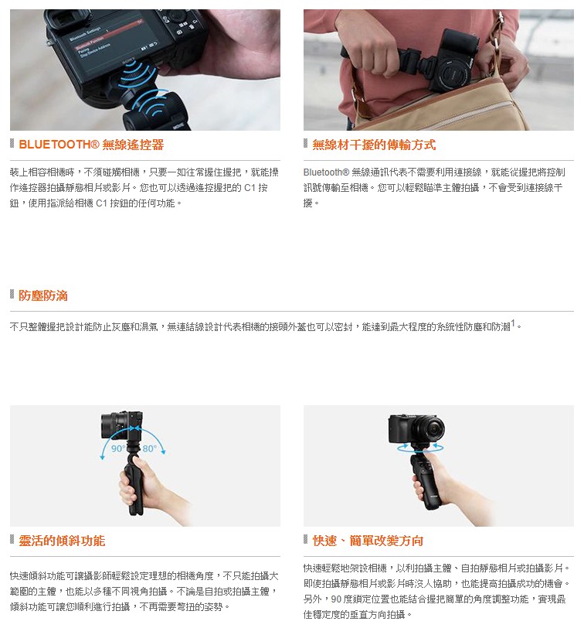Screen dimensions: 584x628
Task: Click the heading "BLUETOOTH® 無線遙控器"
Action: (x=91, y=145)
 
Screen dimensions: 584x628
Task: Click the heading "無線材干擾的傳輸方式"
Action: (x=374, y=145)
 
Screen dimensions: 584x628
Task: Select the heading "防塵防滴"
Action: (x=43, y=295)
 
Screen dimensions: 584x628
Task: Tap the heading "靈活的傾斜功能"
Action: (x=62, y=541)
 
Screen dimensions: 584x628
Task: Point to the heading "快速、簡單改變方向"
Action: (x=368, y=541)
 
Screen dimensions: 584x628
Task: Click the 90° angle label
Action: (x=118, y=448)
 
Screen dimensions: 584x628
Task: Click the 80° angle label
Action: (x=150, y=448)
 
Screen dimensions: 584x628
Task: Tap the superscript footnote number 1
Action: (x=513, y=323)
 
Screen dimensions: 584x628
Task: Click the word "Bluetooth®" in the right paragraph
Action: (x=326, y=172)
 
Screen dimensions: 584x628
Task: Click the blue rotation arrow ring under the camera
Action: (x=420, y=447)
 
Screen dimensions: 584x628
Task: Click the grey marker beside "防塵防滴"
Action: (x=12, y=295)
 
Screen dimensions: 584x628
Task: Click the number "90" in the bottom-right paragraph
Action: (x=336, y=599)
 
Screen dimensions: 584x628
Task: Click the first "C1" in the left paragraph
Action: (x=250, y=188)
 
